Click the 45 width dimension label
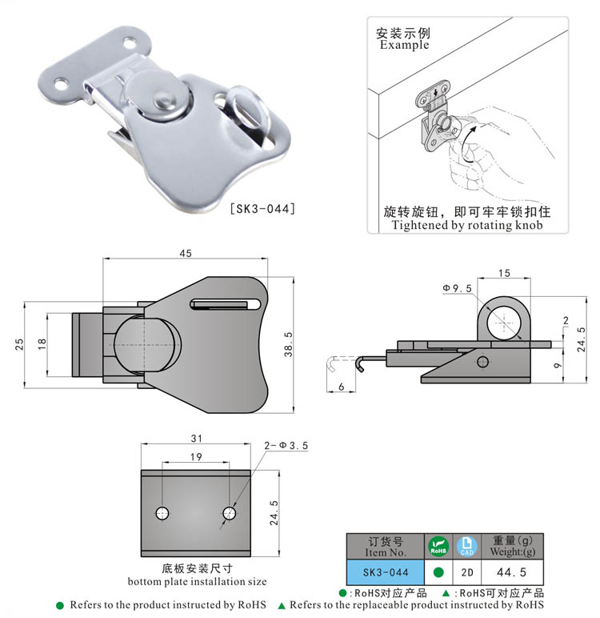185,253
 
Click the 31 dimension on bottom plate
195,437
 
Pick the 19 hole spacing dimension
196,456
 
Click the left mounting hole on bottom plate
163,512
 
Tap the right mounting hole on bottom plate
230,512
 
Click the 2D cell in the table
466,572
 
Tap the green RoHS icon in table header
437,547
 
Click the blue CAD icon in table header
466,547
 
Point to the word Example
404,46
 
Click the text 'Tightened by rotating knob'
467,226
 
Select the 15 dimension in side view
503,273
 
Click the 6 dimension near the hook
342,387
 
